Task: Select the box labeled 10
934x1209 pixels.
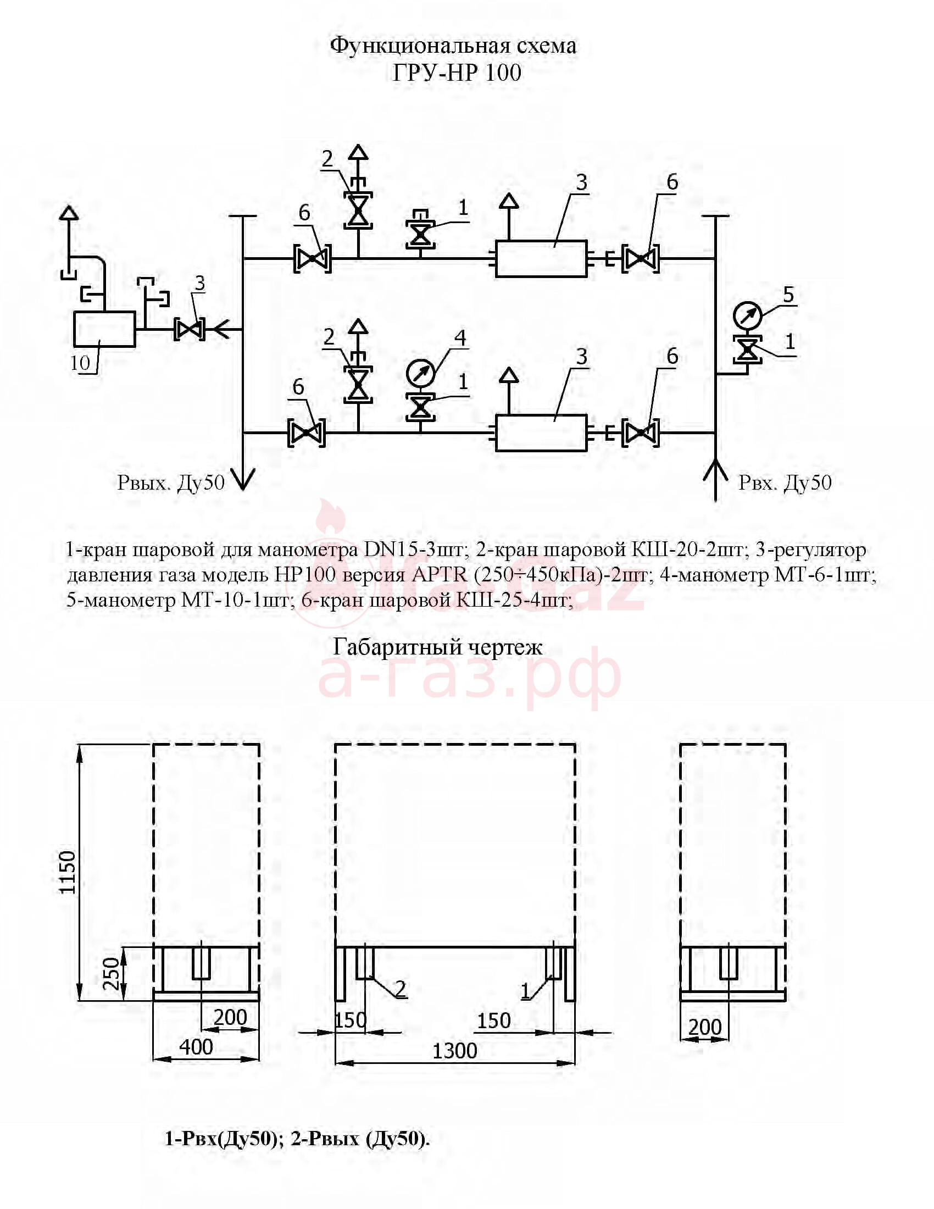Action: (104, 329)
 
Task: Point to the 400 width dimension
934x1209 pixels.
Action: (197, 1047)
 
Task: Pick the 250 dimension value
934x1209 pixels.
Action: (112, 973)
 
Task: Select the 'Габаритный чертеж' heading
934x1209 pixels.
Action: (438, 647)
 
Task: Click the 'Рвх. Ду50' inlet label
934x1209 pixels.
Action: (785, 483)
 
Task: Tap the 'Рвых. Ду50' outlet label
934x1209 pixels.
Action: (171, 483)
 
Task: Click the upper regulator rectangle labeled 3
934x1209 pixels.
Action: (541, 258)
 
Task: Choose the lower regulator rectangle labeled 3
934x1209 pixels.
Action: (541, 433)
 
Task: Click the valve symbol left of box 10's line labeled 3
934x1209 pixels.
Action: (190, 329)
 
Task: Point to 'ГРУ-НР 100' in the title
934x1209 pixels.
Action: (457, 73)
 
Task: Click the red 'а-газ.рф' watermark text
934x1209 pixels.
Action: (470, 676)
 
